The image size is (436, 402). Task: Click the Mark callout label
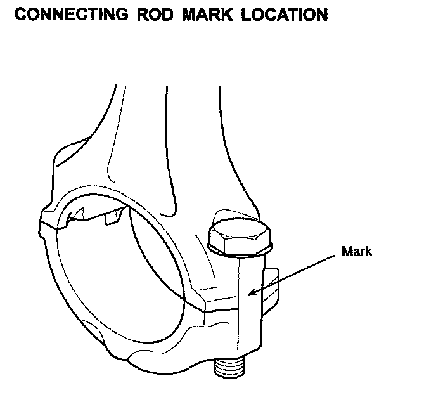point(357,251)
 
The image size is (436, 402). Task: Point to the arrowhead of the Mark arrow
point(250,294)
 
